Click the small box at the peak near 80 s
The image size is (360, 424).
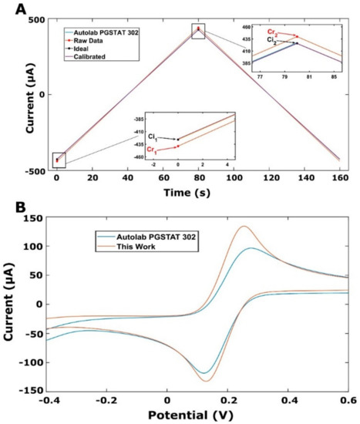tap(198, 30)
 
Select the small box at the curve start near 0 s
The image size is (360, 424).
tap(56, 160)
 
